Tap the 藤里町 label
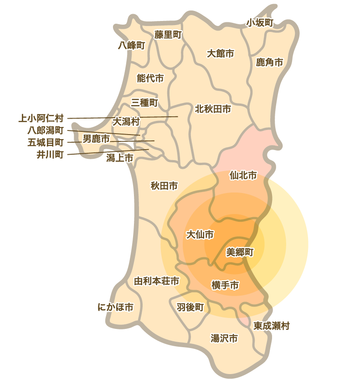168,35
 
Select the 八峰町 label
131,45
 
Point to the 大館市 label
220,53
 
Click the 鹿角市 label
269,62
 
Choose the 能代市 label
150,78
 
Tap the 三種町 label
144,103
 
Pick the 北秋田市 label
213,109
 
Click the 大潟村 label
126,122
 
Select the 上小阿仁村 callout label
41,119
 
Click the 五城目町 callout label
46,142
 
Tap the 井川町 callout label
50,154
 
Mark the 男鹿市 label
96,138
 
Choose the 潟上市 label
119,158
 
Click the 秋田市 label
164,186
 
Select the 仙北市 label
243,175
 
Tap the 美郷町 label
240,251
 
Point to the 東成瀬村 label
272,326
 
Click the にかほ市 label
116,307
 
